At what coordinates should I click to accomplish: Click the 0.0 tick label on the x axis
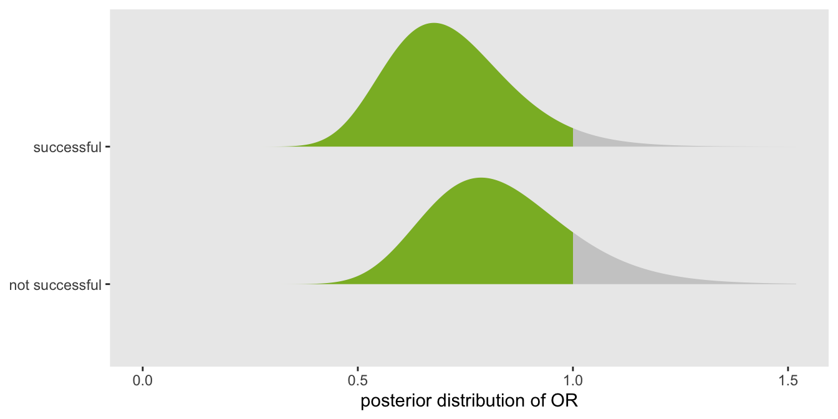[143, 381]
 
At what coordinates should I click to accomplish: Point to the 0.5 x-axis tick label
[358, 381]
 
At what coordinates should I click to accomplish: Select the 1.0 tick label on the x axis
[573, 381]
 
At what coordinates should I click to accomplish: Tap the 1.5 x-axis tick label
[788, 381]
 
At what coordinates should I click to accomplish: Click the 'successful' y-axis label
[67, 147]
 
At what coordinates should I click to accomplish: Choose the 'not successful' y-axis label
[55, 285]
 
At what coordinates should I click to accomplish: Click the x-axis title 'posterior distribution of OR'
[469, 401]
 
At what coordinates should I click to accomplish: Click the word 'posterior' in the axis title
[395, 402]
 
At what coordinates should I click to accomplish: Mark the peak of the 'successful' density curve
[433, 23]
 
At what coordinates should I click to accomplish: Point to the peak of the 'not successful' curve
[481, 178]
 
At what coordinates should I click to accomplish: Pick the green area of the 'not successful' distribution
[483, 243]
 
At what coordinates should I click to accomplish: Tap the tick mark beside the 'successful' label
[108, 147]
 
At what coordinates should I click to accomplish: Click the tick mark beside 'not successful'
[108, 284]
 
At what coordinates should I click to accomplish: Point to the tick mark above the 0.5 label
[358, 369]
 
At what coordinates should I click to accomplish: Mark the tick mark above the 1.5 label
[788, 369]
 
